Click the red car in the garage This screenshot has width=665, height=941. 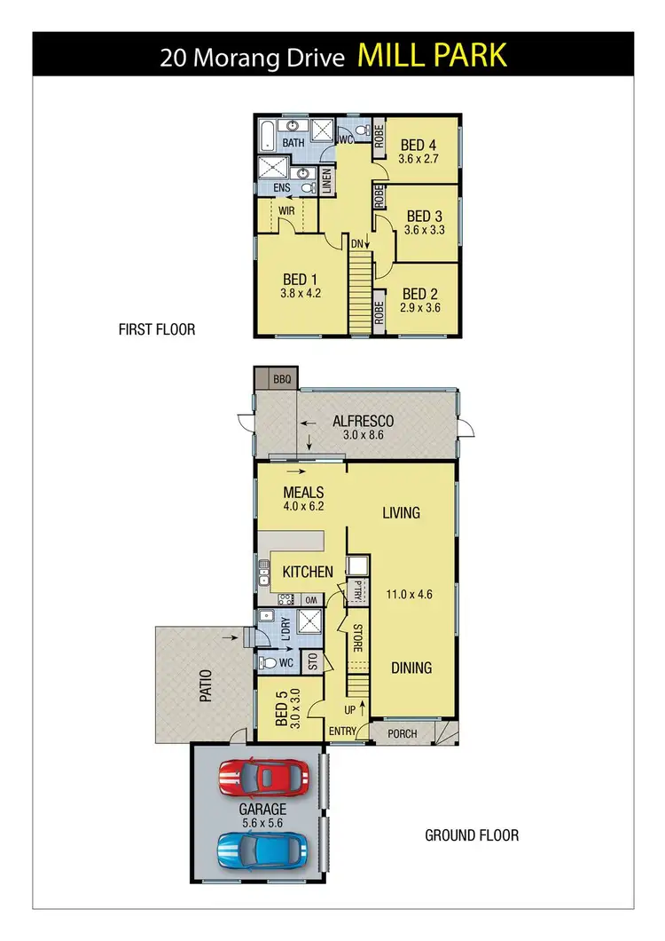pos(263,778)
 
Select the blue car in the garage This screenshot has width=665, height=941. pos(263,850)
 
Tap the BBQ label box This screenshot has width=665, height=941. pos(281,379)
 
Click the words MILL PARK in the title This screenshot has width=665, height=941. pos(432,55)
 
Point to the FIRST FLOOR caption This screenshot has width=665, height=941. pos(157,329)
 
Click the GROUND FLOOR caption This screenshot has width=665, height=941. pos(472,835)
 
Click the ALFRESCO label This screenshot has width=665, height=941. pos(363,422)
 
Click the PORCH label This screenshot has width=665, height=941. pos(404,733)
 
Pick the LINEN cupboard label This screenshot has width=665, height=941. pos(326,181)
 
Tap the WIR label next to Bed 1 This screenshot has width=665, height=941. pos(286,211)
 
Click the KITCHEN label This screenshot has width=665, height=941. pos(308,573)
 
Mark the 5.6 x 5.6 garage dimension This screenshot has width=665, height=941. pos(262,824)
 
